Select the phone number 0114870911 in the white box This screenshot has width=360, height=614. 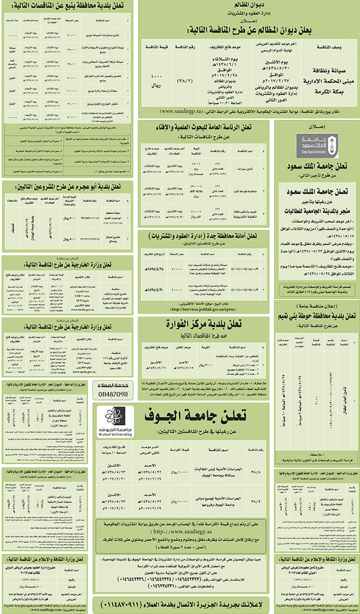pos(115,394)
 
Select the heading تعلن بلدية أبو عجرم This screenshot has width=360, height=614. pos(68,187)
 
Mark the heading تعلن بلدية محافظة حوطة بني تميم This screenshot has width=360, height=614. pos(316,316)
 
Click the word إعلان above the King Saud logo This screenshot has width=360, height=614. pos(316,126)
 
